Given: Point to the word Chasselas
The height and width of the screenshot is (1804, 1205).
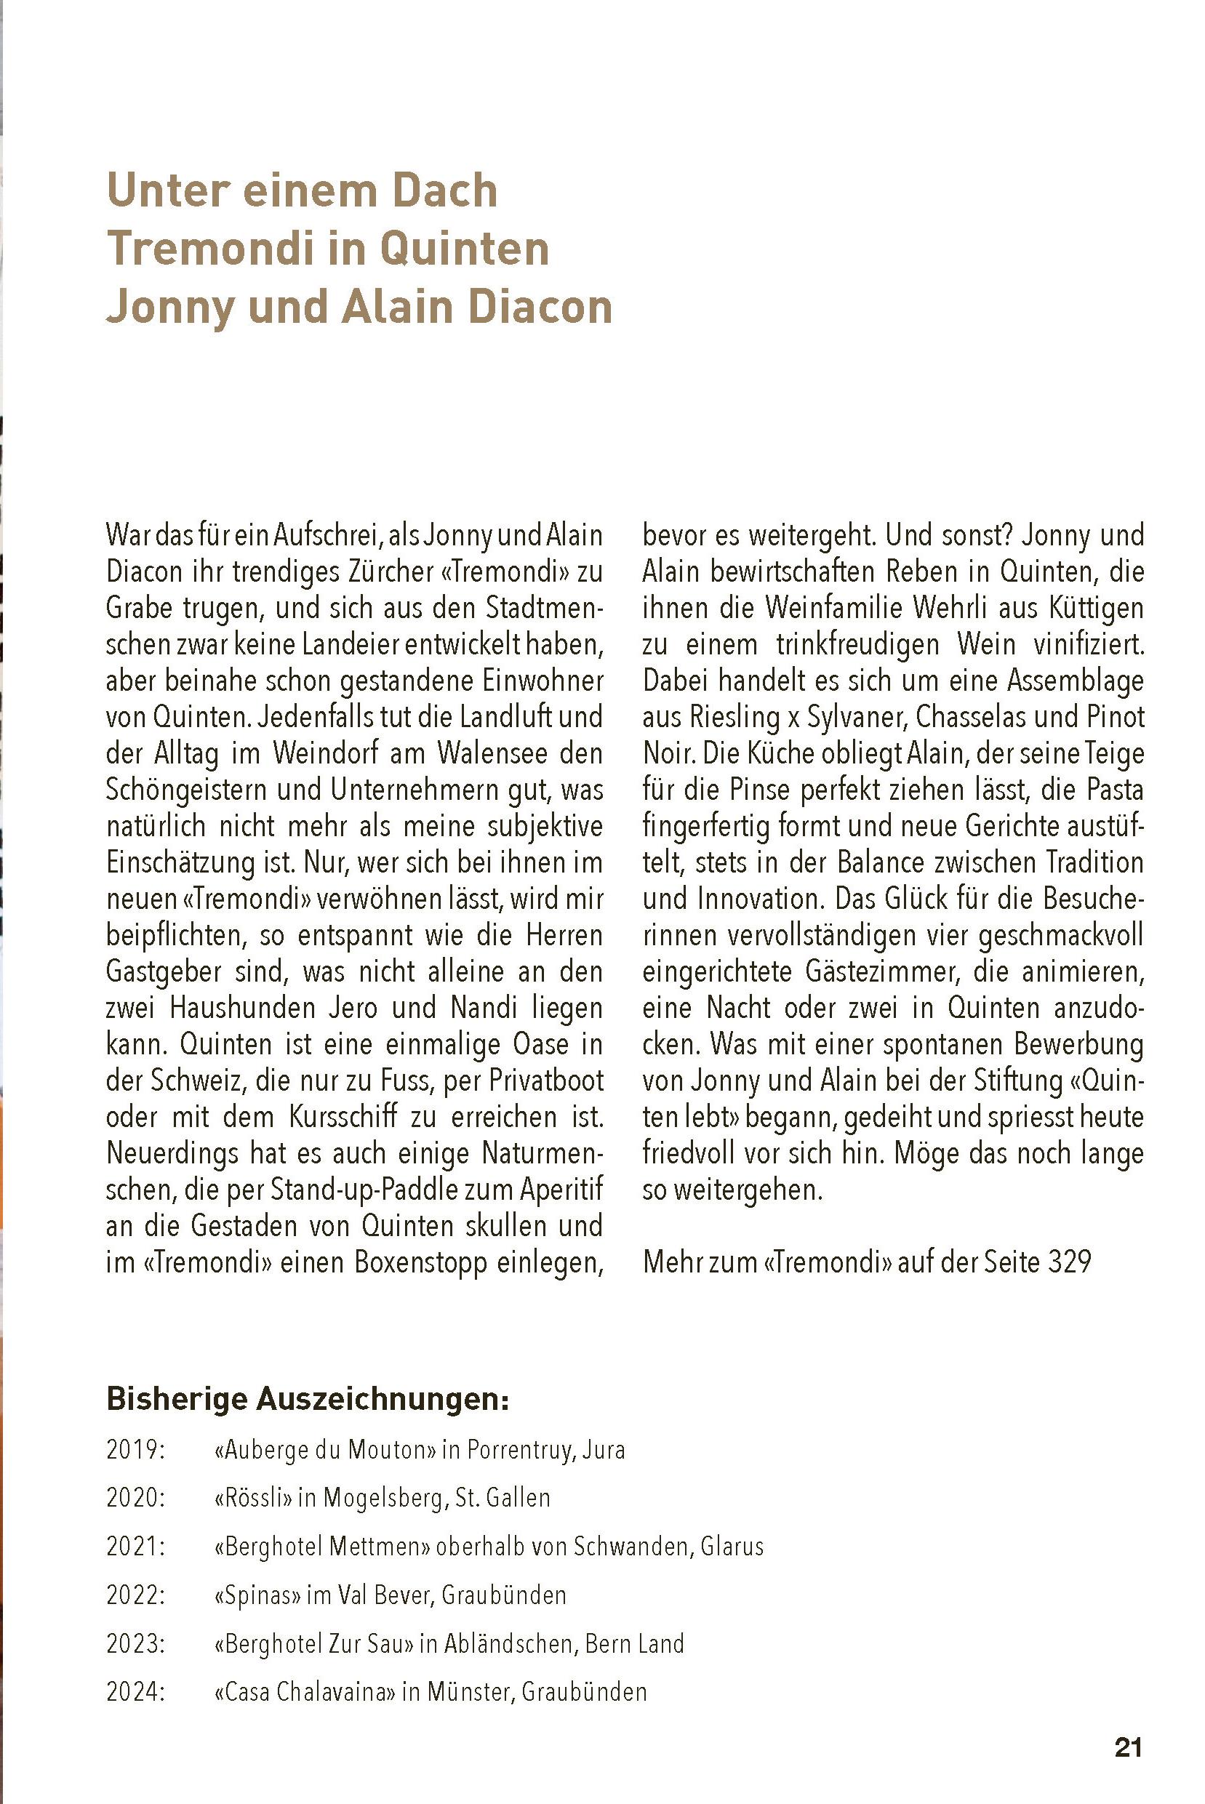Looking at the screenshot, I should (969, 717).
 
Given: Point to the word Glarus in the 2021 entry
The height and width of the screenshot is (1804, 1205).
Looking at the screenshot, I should (732, 1546).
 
